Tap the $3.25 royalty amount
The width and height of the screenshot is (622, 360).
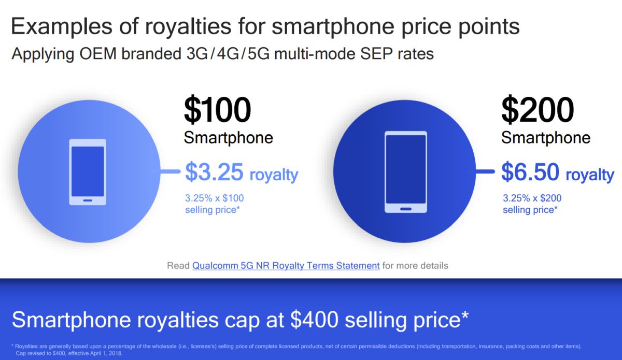point(214,173)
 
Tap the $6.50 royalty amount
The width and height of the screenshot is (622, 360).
point(531,173)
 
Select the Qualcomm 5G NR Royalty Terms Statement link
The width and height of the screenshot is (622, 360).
point(286,265)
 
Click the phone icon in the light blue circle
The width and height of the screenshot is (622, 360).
point(88,172)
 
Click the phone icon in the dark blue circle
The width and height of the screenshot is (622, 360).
point(405,172)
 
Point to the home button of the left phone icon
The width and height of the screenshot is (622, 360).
point(88,200)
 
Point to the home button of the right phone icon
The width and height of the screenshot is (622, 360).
point(405,208)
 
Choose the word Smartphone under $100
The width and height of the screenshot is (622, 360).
point(228,138)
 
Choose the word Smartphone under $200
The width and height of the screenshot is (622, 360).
point(546,138)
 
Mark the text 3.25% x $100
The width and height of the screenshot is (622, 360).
point(214,198)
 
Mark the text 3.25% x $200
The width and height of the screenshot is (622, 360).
point(532,198)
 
